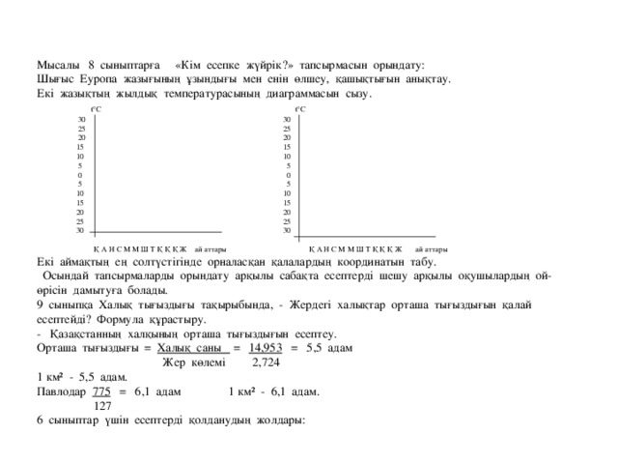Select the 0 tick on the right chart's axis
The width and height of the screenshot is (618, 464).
point(289,174)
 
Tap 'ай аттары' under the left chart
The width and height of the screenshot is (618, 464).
point(210,248)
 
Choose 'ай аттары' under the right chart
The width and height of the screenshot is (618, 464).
point(429,248)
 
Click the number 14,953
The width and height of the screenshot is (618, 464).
point(264,347)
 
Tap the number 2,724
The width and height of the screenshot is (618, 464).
point(266,362)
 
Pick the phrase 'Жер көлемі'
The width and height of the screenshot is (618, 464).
point(193,362)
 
